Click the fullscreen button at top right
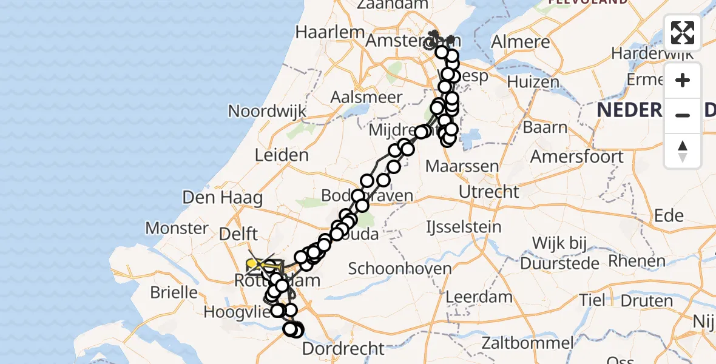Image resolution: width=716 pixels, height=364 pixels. tap(683, 33)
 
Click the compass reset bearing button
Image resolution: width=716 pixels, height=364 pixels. tap(683, 151)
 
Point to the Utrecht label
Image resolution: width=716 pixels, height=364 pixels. tap(489, 192)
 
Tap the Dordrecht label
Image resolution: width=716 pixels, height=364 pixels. tap(343, 349)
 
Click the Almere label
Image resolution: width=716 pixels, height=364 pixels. tap(520, 42)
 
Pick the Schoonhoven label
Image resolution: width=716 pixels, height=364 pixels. tap(399, 269)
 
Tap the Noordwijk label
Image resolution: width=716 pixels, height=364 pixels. tap(267, 111)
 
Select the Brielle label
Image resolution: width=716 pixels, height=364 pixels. tap(174, 292)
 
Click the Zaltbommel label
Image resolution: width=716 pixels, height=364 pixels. tap(527, 343)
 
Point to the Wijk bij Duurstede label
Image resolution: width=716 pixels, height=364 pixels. tap(559, 253)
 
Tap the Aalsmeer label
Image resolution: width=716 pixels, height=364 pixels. tap(366, 97)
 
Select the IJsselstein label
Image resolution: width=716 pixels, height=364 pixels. tap(464, 227)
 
